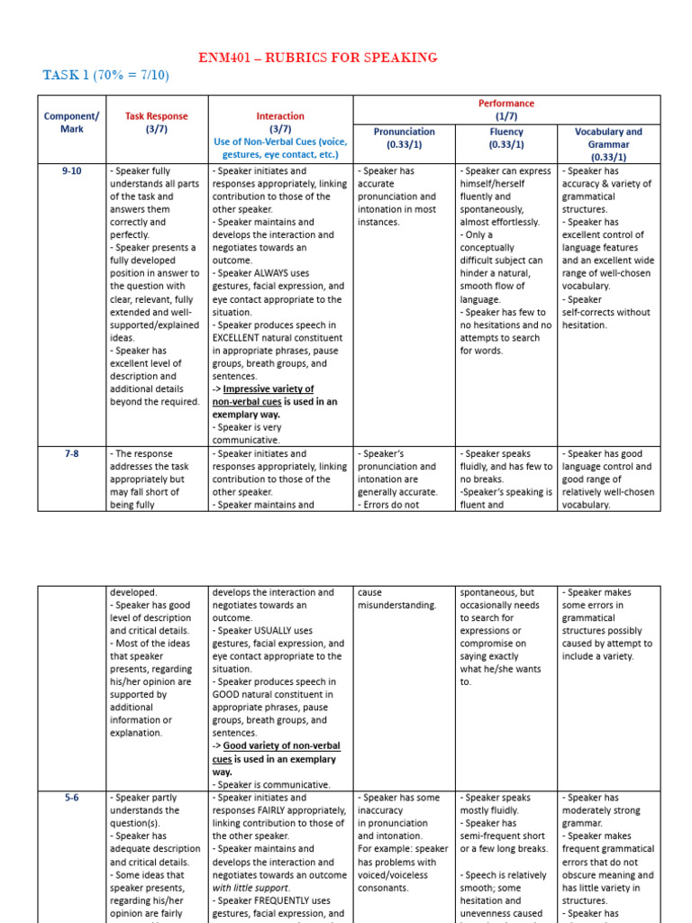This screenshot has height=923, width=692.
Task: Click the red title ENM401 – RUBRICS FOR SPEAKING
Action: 318,58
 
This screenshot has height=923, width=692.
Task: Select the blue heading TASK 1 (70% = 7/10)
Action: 105,75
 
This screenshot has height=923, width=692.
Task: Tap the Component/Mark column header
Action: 71,123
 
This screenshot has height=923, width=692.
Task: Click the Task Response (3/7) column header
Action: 157,123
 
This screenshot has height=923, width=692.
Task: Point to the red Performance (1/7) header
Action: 505,110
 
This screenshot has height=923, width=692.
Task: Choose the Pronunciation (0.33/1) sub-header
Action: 404,137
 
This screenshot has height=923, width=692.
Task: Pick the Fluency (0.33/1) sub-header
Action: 505,137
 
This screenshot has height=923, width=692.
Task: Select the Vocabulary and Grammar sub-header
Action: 608,143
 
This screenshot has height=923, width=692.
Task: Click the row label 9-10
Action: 71,170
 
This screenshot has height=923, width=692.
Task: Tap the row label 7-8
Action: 71,454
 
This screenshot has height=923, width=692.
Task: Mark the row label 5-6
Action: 71,798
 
